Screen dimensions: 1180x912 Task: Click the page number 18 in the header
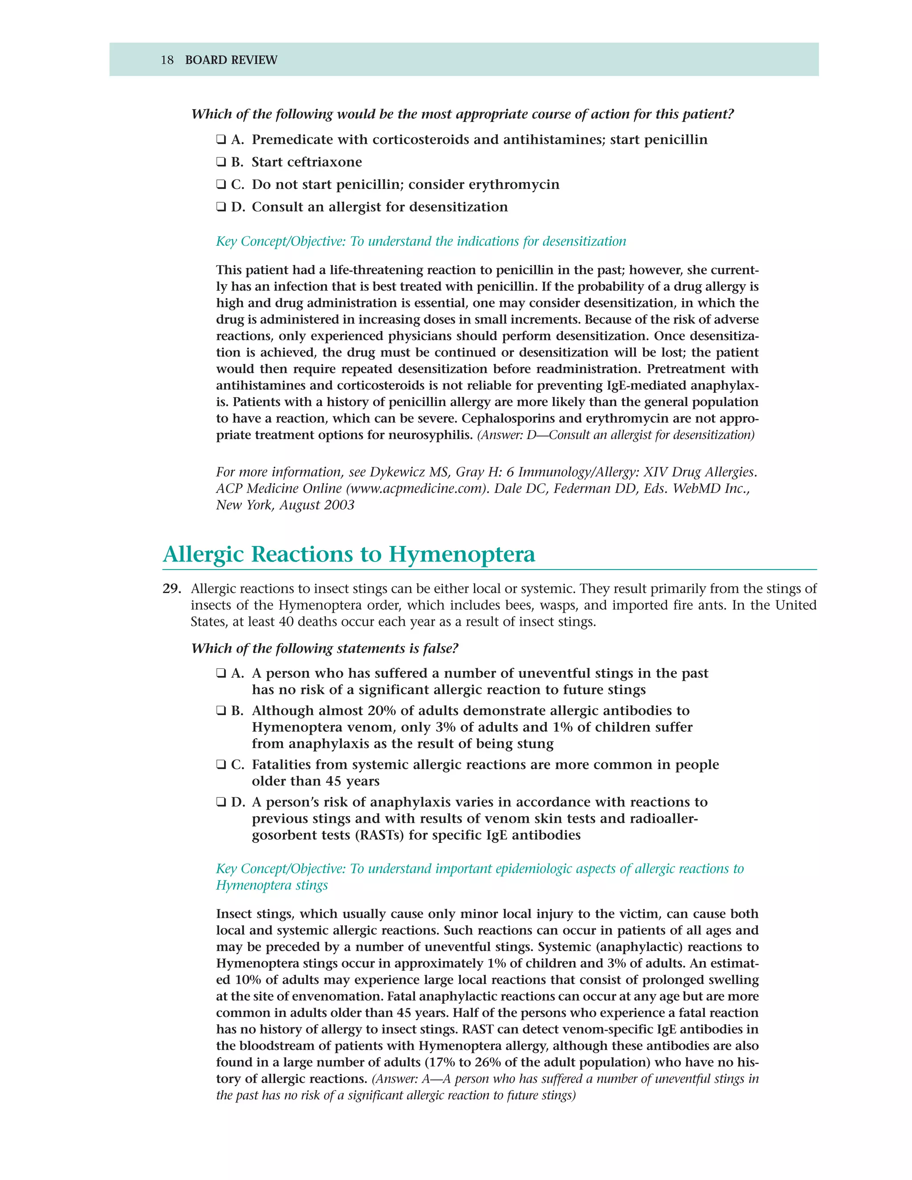click(x=167, y=60)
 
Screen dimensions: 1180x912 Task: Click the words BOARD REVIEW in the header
click(x=231, y=60)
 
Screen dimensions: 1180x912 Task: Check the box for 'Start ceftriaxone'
click(x=221, y=162)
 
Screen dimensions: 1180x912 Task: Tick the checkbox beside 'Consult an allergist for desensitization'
click(x=221, y=207)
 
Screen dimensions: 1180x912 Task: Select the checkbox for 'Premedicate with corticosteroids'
click(x=221, y=139)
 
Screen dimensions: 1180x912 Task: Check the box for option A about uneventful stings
click(x=221, y=673)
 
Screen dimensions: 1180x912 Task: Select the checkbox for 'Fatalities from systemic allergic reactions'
click(x=221, y=765)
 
